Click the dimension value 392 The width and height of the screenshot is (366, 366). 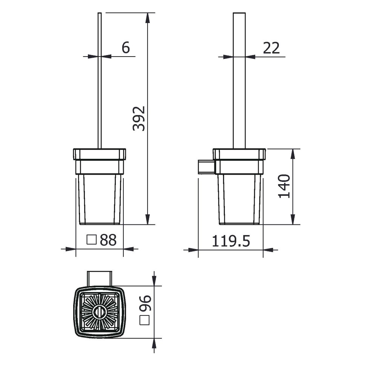point(139,118)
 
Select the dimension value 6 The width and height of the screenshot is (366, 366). point(126,48)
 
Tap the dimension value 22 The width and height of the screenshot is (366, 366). point(271,48)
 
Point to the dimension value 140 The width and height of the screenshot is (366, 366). point(284,186)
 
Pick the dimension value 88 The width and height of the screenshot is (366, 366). point(108,240)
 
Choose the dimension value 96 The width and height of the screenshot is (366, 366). point(145,303)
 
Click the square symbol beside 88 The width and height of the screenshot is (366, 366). point(91,240)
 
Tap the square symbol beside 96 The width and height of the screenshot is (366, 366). point(145,320)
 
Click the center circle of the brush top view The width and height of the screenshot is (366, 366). point(100,312)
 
